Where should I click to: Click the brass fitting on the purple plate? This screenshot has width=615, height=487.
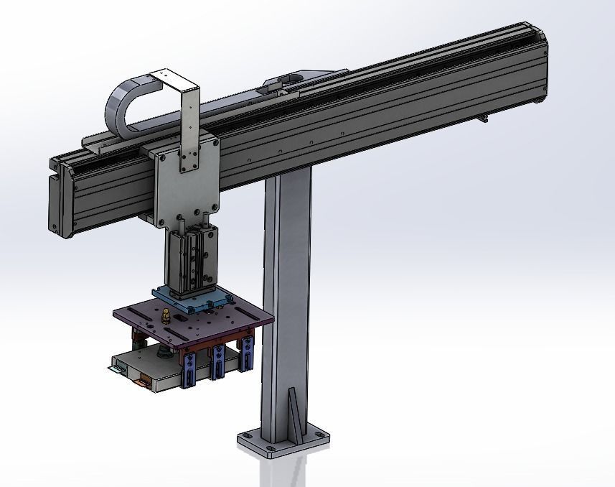[x=165, y=315]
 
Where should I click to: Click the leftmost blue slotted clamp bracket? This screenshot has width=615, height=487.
[x=190, y=369]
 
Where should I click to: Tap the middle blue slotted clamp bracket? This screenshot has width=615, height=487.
[x=217, y=363]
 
